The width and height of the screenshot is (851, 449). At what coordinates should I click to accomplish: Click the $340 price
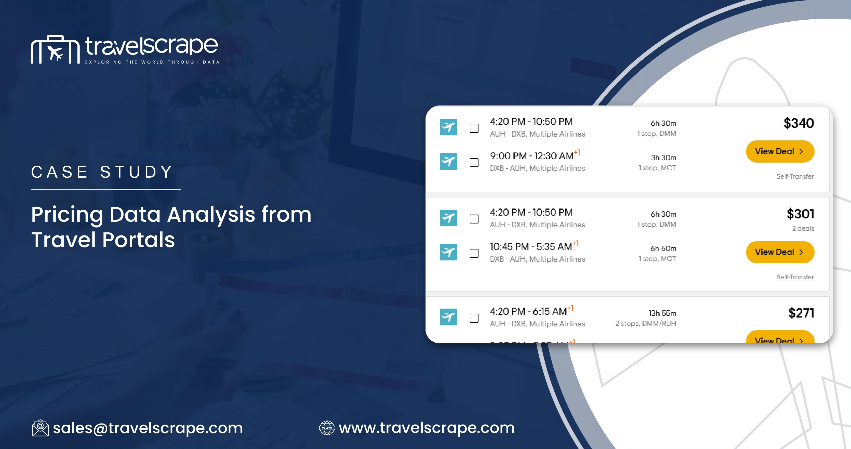click(798, 123)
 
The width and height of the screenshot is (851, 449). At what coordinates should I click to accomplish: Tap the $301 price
click(800, 214)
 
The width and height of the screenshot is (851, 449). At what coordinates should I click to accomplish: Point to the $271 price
click(801, 313)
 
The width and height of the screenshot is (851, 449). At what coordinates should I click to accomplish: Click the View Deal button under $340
click(780, 151)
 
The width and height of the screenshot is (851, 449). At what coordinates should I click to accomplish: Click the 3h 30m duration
click(663, 157)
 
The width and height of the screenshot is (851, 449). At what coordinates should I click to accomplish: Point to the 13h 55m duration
click(662, 313)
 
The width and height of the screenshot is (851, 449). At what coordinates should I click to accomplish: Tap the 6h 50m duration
click(663, 248)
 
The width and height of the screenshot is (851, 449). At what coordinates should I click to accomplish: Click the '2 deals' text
click(803, 229)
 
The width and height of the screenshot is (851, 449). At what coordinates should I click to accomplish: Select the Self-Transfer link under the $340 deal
click(795, 176)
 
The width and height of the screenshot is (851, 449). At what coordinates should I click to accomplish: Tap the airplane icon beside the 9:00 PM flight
click(448, 161)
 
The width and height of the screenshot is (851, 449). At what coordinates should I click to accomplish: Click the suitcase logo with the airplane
click(55, 49)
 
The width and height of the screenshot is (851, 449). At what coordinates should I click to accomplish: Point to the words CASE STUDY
click(102, 172)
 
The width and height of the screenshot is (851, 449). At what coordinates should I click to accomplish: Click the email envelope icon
click(40, 428)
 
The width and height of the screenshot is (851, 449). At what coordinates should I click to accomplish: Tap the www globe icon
click(327, 428)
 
